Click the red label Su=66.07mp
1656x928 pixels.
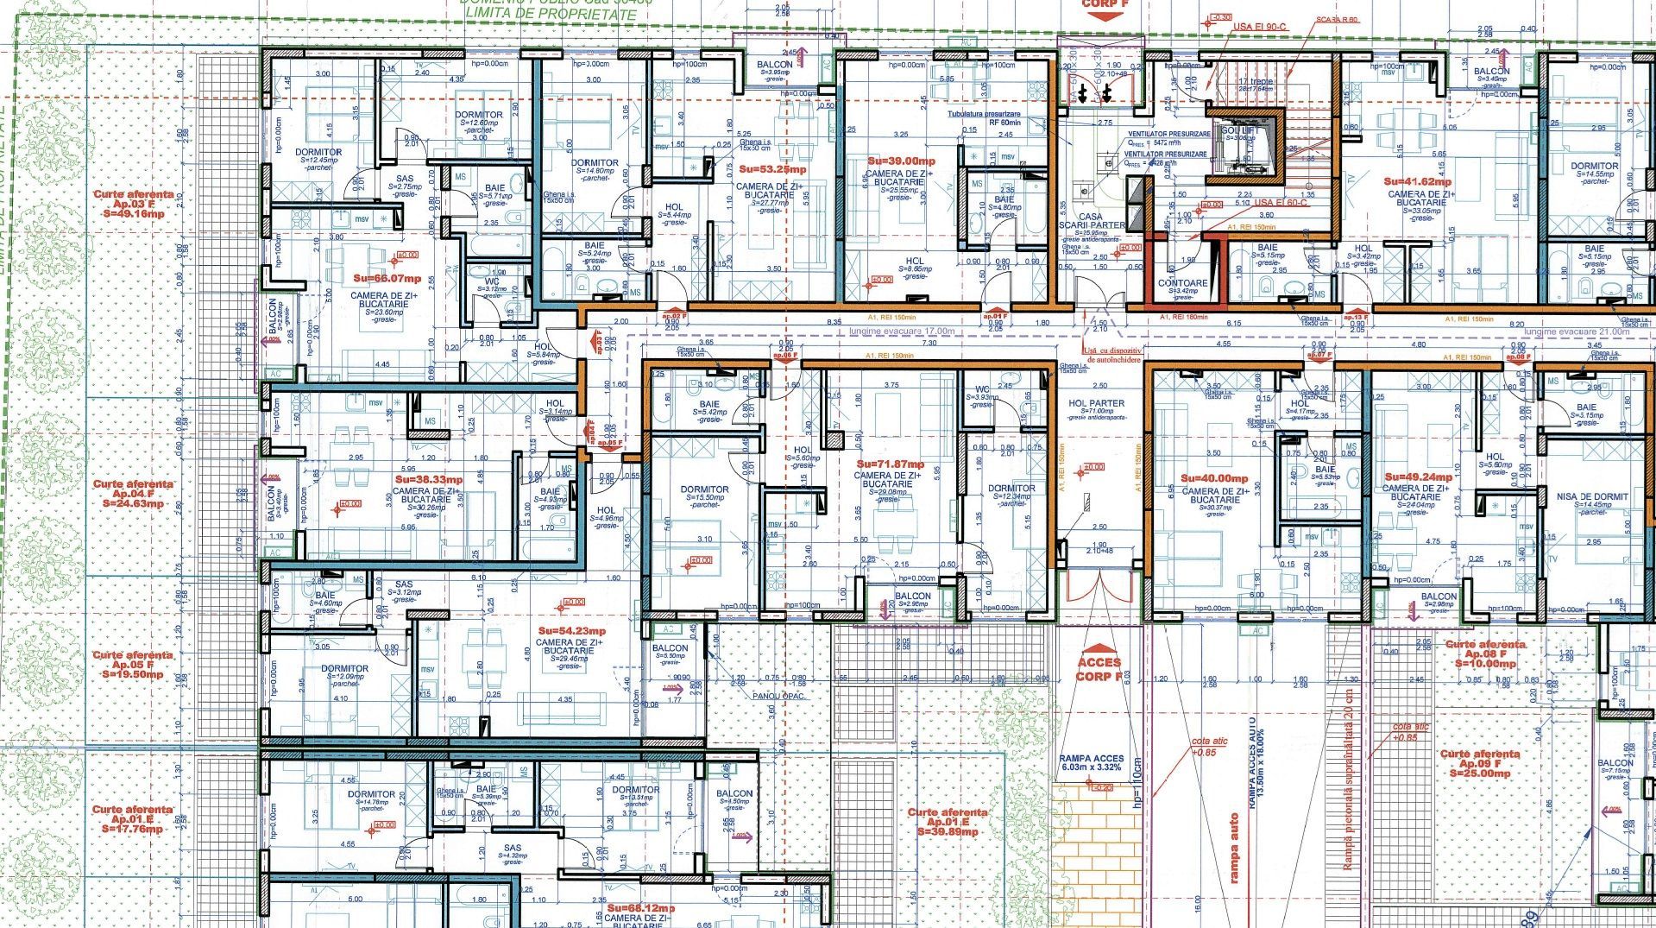tap(387, 279)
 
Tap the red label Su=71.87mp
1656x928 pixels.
tap(889, 464)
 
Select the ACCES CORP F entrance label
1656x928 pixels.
tap(1099, 669)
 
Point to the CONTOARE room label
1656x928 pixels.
tap(1183, 282)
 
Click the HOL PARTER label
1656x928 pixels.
tap(1096, 403)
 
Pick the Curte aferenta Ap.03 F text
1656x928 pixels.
tap(133, 204)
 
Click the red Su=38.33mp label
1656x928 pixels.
tap(428, 478)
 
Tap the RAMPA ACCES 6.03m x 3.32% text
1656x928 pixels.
tap(1091, 763)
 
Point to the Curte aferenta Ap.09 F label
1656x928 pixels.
tap(1480, 764)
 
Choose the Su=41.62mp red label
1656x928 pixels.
tap(1417, 182)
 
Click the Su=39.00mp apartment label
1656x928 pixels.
tap(901, 161)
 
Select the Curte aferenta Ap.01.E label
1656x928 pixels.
tap(948, 822)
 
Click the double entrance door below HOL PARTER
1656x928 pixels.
tap(1098, 585)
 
